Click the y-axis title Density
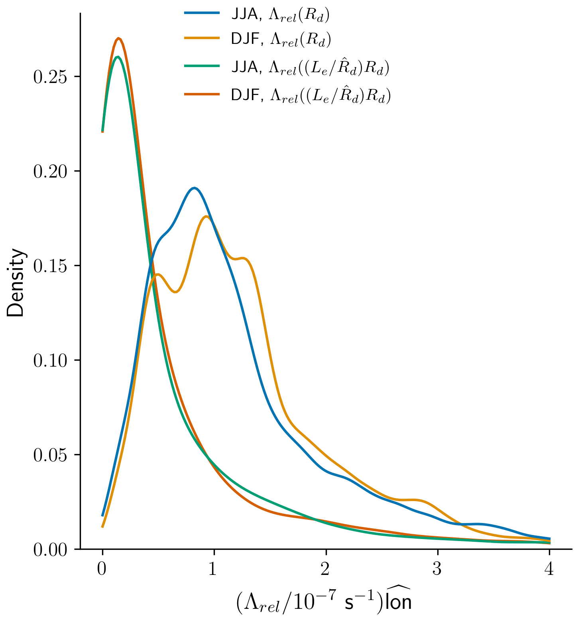tap(16, 282)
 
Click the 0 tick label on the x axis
tap(102, 569)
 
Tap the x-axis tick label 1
tap(214, 569)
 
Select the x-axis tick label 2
tap(326, 569)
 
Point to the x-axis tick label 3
tap(438, 569)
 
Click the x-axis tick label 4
tap(549, 569)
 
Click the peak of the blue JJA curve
tap(194, 188)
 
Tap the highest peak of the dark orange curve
tap(118, 38)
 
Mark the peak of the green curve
tap(117, 57)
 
